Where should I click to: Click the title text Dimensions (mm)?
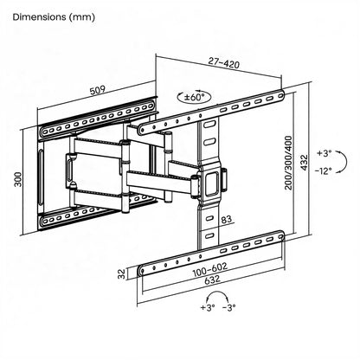[55, 16]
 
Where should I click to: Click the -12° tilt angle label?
[324, 173]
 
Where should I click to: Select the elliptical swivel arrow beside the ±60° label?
[185, 98]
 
